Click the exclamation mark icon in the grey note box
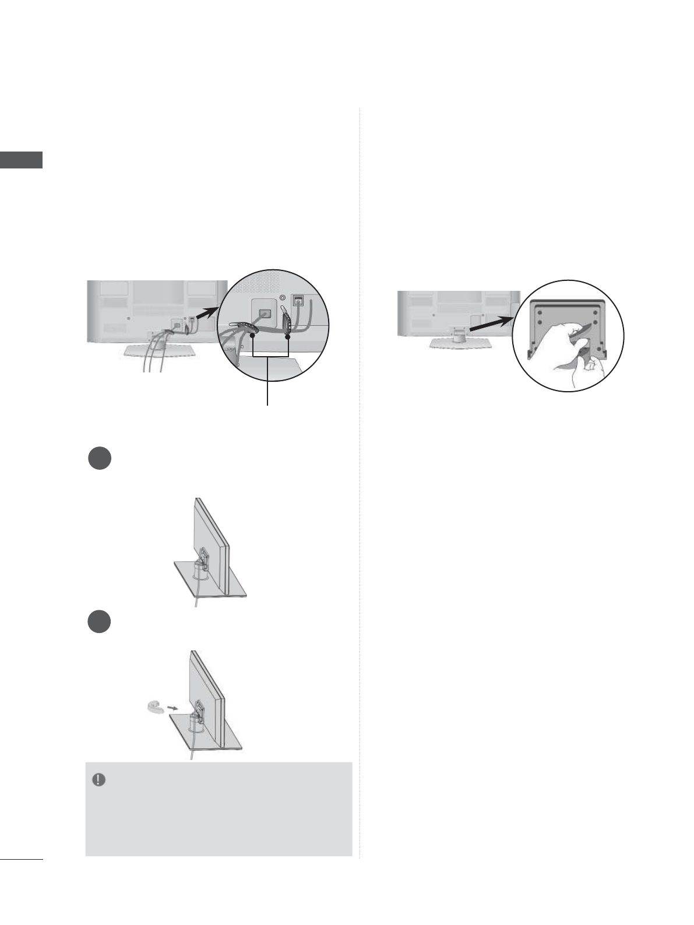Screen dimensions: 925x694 pos(99,780)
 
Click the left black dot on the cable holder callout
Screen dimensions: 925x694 pos(252,336)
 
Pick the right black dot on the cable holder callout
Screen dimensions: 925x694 pos(288,336)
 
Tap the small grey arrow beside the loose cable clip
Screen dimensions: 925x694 pos(170,708)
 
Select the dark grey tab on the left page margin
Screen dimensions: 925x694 pos(22,160)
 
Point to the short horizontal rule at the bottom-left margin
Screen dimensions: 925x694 pos(22,858)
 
